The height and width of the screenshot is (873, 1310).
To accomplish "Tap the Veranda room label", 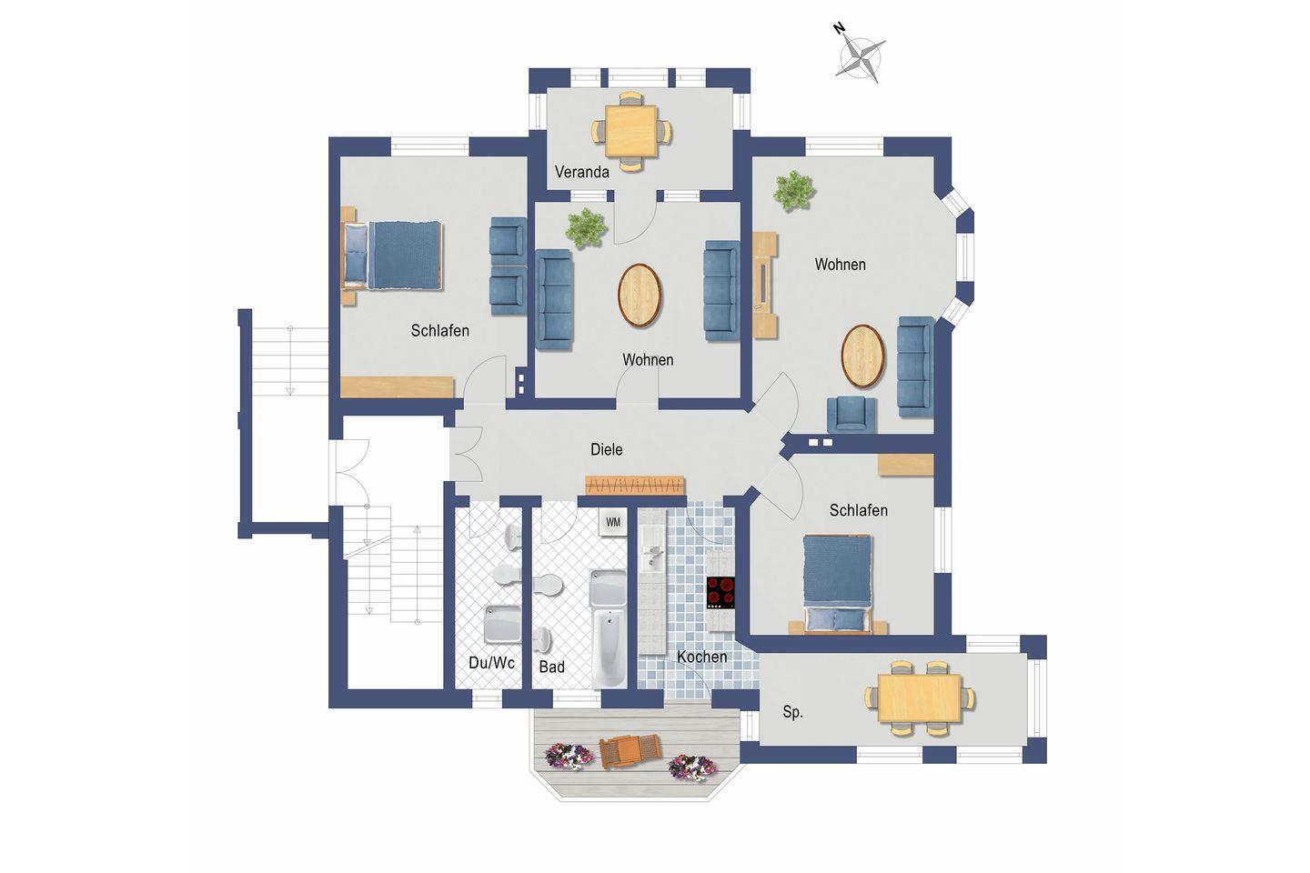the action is click(x=582, y=172).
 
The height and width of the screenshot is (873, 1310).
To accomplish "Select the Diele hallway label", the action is click(x=607, y=449).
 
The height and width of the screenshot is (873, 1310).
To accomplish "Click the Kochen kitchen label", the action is click(x=701, y=657).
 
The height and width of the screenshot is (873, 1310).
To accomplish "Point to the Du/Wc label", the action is click(x=492, y=663).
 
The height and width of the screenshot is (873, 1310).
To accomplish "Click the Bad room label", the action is click(x=551, y=667).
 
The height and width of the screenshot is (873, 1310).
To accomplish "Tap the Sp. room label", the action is click(x=792, y=712).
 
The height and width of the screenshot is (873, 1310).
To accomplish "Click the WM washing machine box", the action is click(x=612, y=522).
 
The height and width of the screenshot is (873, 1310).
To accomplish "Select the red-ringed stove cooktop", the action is click(x=720, y=593).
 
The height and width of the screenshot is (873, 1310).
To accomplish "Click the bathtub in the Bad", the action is click(x=609, y=647).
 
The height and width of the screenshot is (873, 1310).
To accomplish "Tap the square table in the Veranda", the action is click(x=631, y=131).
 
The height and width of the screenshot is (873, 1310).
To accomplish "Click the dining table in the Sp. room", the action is click(x=920, y=698).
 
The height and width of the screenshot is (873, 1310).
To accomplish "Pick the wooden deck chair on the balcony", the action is click(x=630, y=751).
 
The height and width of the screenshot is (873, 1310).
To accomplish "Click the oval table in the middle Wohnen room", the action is click(x=640, y=296).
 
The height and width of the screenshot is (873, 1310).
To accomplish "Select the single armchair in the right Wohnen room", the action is click(x=851, y=414).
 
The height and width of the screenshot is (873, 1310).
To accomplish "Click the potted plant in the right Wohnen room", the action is click(x=794, y=190).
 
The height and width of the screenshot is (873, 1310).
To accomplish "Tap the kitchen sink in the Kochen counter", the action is click(x=651, y=556).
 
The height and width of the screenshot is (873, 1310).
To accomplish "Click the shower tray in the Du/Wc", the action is click(x=502, y=624).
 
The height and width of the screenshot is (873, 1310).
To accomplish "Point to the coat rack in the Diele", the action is click(x=635, y=486).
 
